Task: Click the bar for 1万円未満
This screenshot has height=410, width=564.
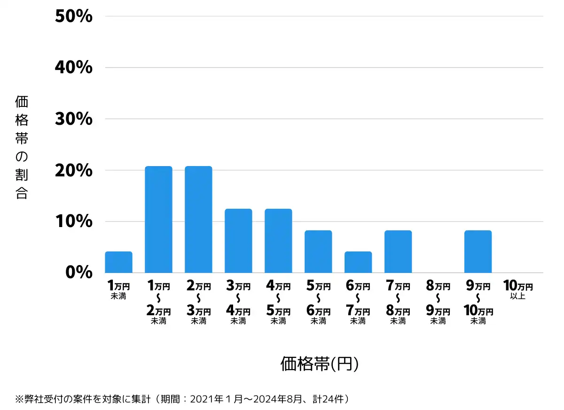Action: click(x=118, y=262)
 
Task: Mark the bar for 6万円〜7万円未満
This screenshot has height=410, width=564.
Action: click(x=358, y=262)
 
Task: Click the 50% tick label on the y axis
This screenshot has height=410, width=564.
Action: click(x=73, y=16)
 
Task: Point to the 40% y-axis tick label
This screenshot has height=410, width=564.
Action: click(x=73, y=68)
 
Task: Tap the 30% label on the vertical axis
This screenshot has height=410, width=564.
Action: click(x=73, y=119)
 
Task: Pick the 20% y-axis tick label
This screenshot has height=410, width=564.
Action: click(x=73, y=170)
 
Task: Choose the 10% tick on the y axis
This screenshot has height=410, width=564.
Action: click(x=73, y=221)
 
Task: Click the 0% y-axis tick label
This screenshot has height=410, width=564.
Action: click(x=79, y=273)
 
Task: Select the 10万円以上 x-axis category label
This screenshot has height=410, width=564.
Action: click(x=518, y=289)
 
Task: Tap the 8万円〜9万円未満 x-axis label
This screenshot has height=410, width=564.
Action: click(x=438, y=303)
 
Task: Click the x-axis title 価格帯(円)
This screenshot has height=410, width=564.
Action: click(x=320, y=364)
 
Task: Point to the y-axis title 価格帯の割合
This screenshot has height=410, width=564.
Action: click(x=22, y=147)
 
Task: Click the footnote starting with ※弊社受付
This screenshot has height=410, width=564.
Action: click(x=183, y=399)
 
